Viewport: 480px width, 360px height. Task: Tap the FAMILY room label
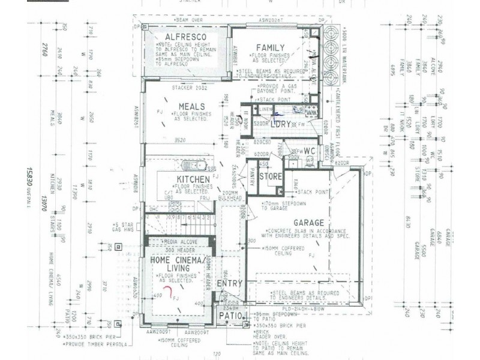coord(271,47)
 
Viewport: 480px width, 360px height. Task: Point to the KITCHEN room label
coord(193,179)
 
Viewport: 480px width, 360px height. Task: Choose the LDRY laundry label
coord(281,124)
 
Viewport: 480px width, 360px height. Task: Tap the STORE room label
coord(271,176)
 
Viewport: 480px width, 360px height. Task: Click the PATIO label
coord(229,316)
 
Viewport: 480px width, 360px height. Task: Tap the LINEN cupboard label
coord(265,109)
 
